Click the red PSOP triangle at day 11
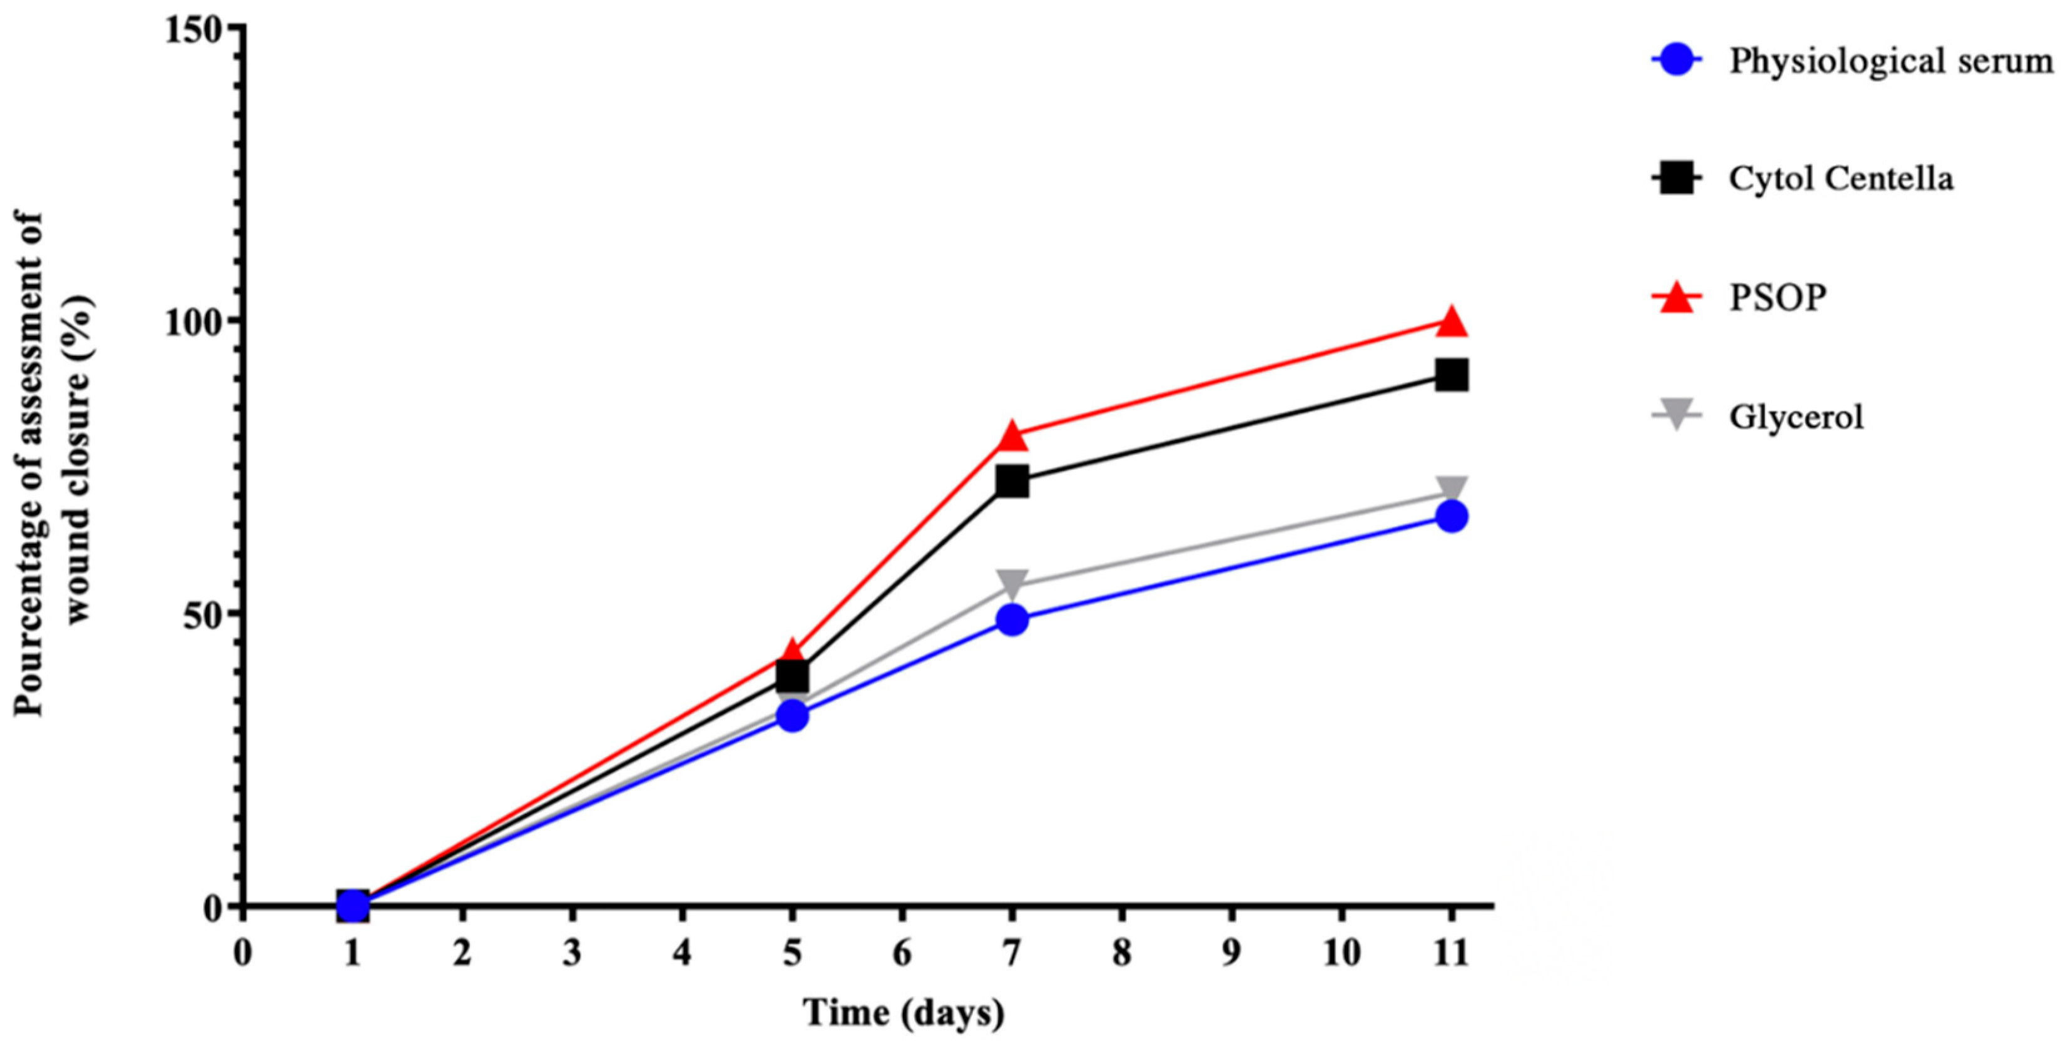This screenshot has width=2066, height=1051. (1451, 322)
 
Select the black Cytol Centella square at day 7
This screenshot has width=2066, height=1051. (1012, 482)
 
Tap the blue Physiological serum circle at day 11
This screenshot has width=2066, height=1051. (1451, 516)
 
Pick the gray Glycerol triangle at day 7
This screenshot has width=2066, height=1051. (1012, 584)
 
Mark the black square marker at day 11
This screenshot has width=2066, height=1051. (1451, 375)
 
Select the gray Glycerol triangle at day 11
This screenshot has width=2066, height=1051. (1451, 489)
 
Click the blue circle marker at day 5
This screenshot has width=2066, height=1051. (792, 716)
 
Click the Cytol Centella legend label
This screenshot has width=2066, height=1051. (1841, 178)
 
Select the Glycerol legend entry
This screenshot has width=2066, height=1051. (1796, 417)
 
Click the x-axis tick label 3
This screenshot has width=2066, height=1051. (572, 954)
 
